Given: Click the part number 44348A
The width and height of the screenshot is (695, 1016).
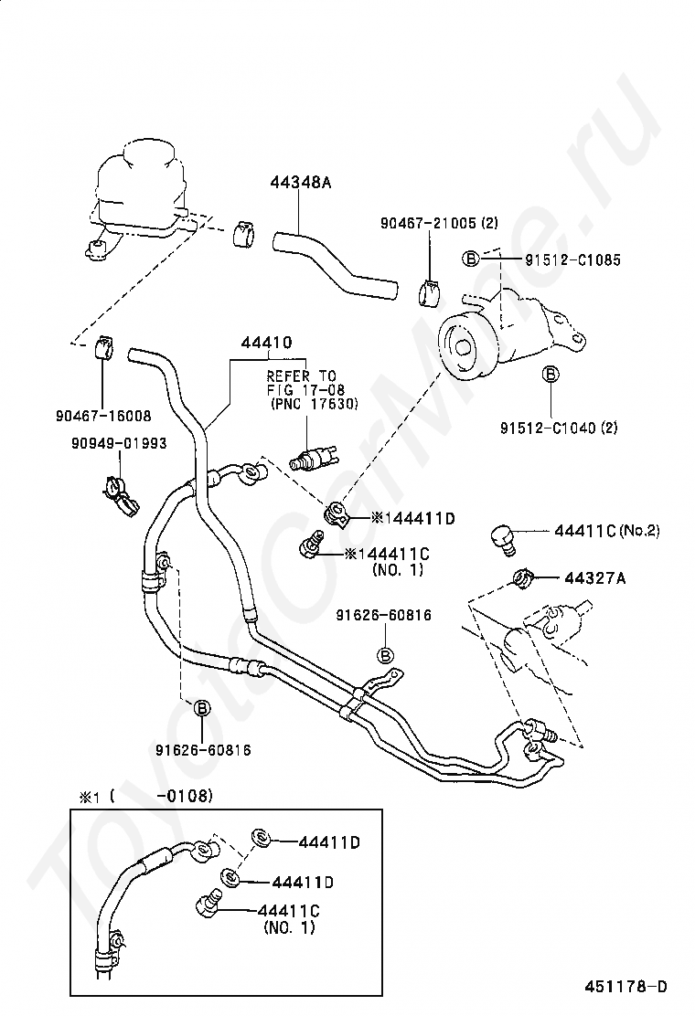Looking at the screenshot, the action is click(x=300, y=182).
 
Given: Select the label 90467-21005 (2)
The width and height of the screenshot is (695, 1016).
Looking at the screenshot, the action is click(x=439, y=223).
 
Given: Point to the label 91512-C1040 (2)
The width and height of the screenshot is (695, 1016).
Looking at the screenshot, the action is click(x=558, y=428).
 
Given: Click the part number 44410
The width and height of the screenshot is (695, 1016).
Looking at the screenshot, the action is click(x=266, y=342).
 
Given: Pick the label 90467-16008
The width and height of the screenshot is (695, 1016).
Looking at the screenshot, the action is click(x=103, y=416).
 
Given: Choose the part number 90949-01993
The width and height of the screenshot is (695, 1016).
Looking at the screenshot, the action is click(x=119, y=443).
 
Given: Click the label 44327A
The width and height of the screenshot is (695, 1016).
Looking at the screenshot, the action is click(x=594, y=577).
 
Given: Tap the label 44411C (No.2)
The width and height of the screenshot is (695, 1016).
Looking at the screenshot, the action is click(x=607, y=531).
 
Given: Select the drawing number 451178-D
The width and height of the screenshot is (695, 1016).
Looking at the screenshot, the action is click(x=625, y=987).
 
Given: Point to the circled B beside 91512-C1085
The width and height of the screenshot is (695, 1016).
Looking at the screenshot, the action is click(x=470, y=259).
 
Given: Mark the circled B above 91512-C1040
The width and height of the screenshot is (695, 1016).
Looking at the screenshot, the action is click(x=551, y=374).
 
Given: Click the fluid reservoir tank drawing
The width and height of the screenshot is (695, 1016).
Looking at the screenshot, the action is click(x=139, y=195).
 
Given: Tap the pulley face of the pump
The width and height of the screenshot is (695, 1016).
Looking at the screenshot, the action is click(x=466, y=348).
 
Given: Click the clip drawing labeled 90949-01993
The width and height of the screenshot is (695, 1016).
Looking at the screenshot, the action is click(x=121, y=496).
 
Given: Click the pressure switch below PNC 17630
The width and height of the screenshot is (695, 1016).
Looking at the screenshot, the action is click(x=312, y=457).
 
